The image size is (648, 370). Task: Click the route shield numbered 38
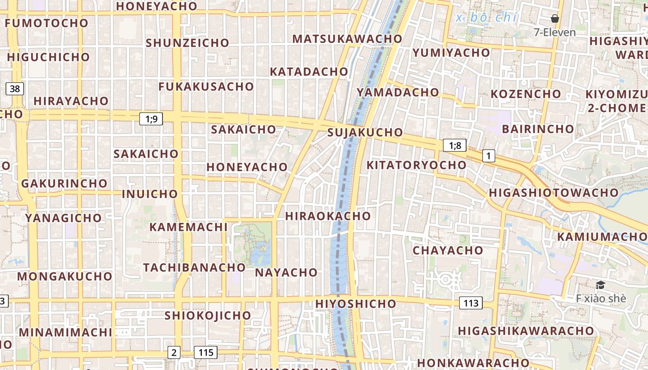click(x=15, y=88)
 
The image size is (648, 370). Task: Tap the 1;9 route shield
click(x=151, y=119)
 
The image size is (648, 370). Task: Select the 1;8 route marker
click(x=455, y=146)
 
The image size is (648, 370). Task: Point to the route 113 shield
click(x=471, y=303)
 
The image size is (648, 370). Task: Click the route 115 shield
click(x=206, y=352)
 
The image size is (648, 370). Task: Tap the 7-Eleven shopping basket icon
click(x=555, y=19)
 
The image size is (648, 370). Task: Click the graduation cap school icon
click(x=600, y=285)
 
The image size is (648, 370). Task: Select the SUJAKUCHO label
click(x=365, y=133)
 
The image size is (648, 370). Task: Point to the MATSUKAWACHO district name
click(x=347, y=39)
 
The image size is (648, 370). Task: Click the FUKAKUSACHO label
click(x=206, y=87)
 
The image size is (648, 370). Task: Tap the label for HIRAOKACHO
click(x=328, y=216)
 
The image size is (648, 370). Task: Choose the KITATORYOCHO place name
click(x=416, y=165)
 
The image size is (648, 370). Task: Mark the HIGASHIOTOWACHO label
click(x=554, y=192)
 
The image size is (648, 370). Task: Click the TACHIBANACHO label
click(x=194, y=268)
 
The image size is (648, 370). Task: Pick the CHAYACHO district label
click(x=448, y=251)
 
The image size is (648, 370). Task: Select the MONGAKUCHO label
click(x=65, y=277)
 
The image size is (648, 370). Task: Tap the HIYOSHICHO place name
click(x=355, y=304)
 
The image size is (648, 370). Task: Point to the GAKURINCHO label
click(x=64, y=184)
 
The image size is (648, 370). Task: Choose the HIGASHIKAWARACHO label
click(x=526, y=331)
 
